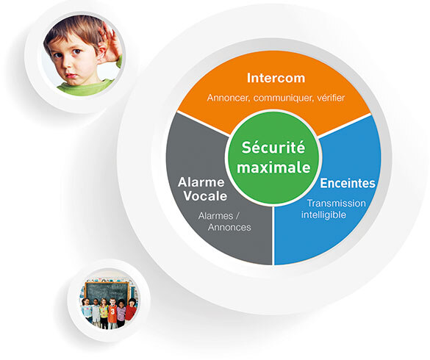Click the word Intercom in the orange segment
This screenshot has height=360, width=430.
coord(276,78)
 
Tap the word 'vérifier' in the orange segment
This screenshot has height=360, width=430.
coord(331,98)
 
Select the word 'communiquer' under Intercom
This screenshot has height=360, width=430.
coord(284,98)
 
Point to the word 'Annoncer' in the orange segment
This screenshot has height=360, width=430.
coord(229,98)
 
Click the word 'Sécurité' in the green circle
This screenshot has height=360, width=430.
coord(273,148)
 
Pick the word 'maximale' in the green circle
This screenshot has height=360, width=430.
coord(273,168)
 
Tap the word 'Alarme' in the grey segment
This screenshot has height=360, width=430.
coord(201,182)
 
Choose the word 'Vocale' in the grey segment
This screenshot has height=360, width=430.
coord(205,196)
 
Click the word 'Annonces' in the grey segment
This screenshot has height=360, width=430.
coord(229,227)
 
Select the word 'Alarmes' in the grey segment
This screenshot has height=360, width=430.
coord(215,216)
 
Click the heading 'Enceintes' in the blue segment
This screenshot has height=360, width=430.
coord(348,183)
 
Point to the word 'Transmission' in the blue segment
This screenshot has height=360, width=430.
coord(336,204)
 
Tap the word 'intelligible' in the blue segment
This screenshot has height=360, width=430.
coord(323,215)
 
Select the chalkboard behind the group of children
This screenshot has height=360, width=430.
coord(107,292)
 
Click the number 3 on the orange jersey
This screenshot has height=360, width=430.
coord(112,312)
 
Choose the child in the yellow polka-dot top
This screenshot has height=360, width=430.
coord(104,313)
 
